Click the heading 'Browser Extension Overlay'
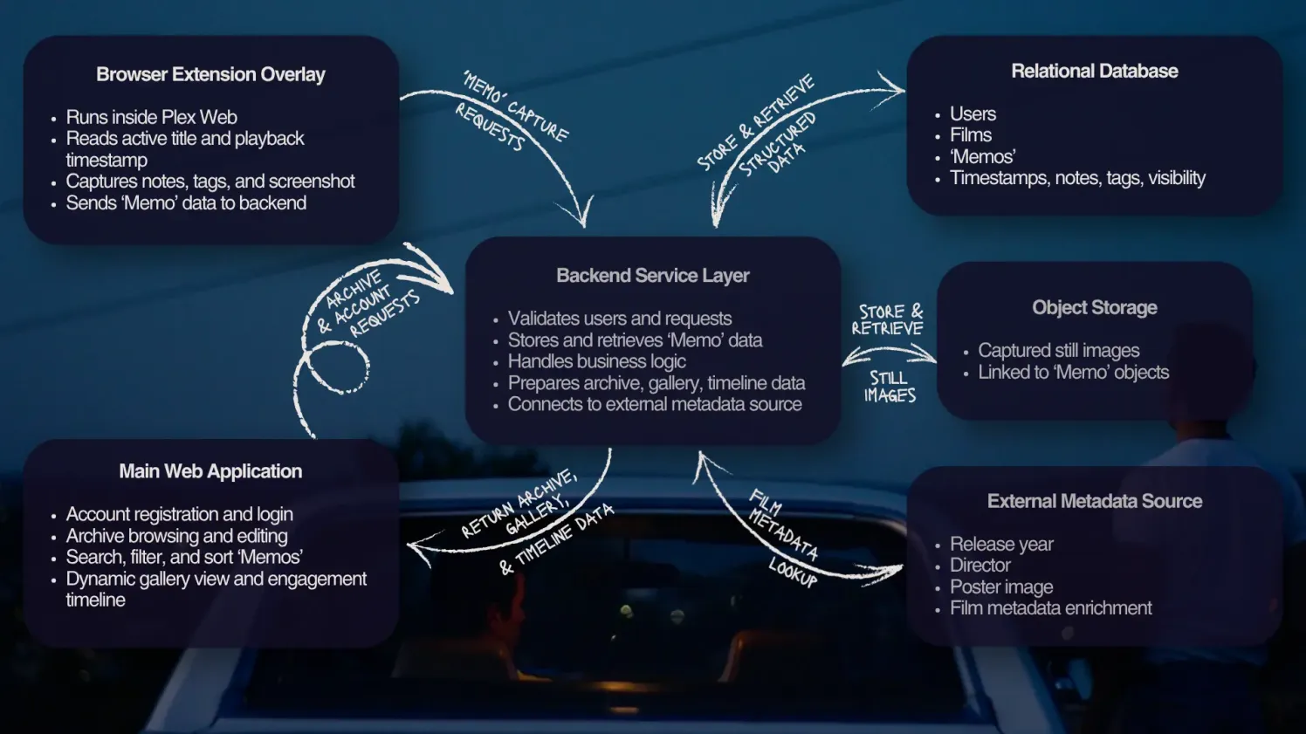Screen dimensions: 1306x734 pyautogui.click(x=210, y=75)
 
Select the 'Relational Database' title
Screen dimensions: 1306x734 pyautogui.click(x=1095, y=71)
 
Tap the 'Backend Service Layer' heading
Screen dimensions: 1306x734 pyautogui.click(x=652, y=275)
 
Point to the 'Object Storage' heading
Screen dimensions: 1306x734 pyautogui.click(x=1095, y=307)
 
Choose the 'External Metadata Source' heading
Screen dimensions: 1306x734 pyautogui.click(x=1095, y=501)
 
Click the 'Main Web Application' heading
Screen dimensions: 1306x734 pyautogui.click(x=210, y=471)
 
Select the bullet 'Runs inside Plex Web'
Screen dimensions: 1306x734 pyautogui.click(x=152, y=117)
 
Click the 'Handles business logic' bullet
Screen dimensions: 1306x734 pyautogui.click(x=596, y=361)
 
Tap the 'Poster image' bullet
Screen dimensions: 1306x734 pyautogui.click(x=1001, y=587)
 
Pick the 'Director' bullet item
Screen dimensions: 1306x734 pyautogui.click(x=980, y=565)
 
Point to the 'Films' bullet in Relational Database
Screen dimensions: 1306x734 pyautogui.click(x=971, y=135)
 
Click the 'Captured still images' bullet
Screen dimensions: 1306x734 pyautogui.click(x=1059, y=350)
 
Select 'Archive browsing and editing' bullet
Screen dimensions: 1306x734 pyautogui.click(x=176, y=536)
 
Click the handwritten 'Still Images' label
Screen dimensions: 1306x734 pyautogui.click(x=890, y=387)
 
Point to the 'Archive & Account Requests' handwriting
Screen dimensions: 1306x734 pyautogui.click(x=368, y=304)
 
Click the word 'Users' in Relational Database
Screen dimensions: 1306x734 pyautogui.click(x=973, y=113)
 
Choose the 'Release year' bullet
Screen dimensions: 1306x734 pyautogui.click(x=1001, y=544)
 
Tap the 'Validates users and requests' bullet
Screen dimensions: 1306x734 pyautogui.click(x=620, y=319)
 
